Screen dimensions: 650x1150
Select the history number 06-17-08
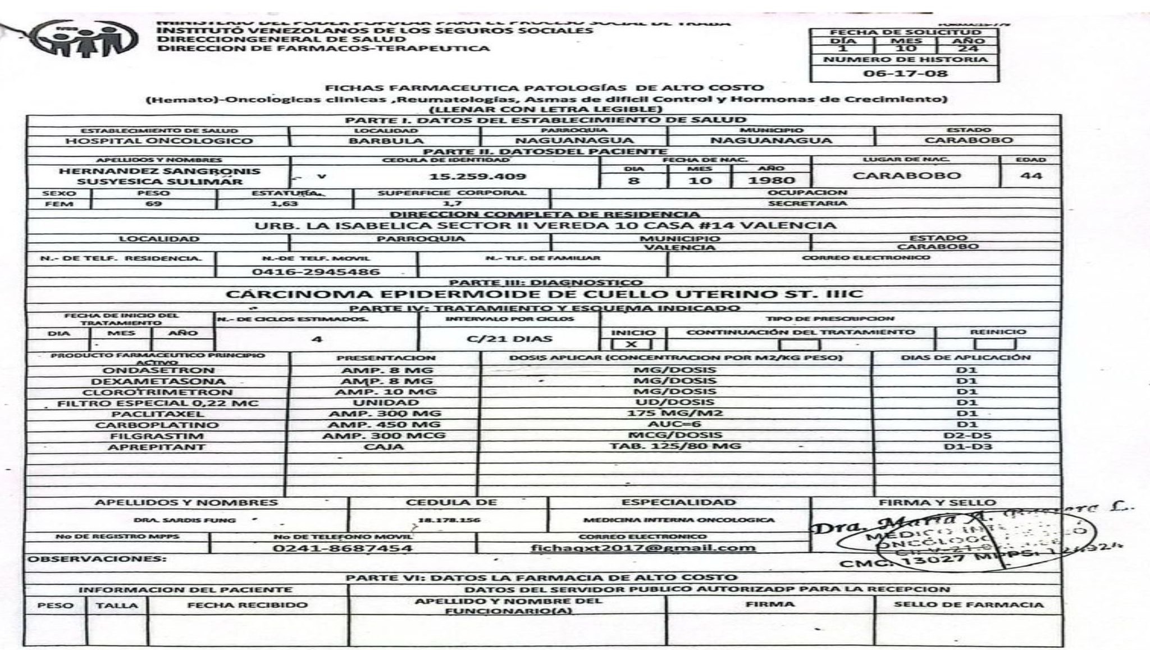tap(905, 73)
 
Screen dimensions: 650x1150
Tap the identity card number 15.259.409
tap(477, 176)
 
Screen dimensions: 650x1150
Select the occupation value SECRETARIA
tap(807, 203)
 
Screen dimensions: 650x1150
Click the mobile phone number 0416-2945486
tap(316, 272)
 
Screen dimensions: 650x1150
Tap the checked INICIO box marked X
tap(631, 344)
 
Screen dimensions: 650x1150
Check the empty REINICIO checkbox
tap(994, 344)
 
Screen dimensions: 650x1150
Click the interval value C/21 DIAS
tap(509, 339)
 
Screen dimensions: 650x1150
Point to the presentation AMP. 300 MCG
tap(384, 435)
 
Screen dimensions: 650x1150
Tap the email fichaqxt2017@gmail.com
tap(644, 548)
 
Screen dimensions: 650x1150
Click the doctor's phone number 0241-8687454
tap(343, 548)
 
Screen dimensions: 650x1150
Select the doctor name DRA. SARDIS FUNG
tap(185, 520)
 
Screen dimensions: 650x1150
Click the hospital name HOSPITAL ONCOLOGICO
tap(159, 141)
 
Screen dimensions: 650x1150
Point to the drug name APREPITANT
tap(157, 447)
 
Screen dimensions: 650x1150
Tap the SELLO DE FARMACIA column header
tap(969, 605)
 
